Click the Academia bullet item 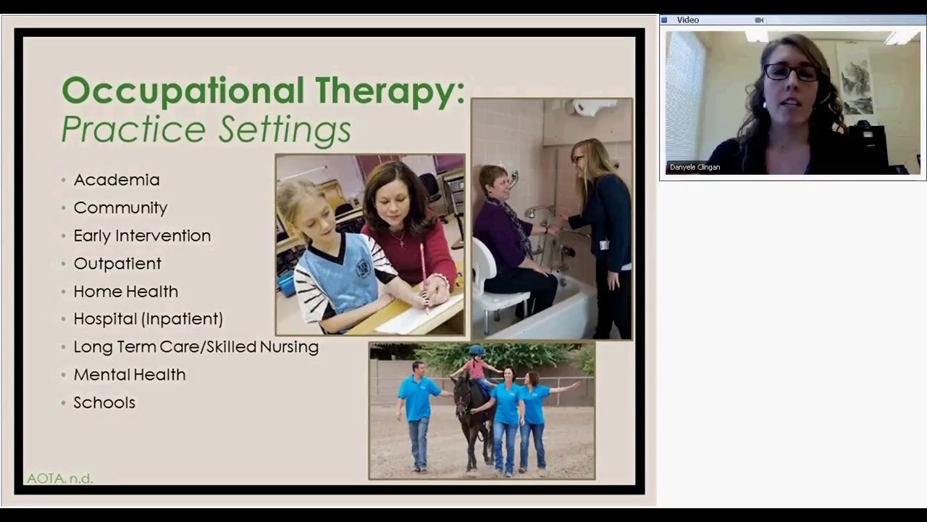[x=116, y=180]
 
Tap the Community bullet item [x=120, y=208]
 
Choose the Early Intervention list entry [x=142, y=236]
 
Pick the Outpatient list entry [x=117, y=264]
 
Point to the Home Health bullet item [x=125, y=291]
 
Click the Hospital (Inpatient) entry [x=148, y=319]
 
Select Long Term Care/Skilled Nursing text [x=196, y=347]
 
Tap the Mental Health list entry [x=129, y=375]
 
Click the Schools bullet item [x=104, y=403]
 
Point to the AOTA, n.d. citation [x=59, y=478]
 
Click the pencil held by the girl [x=424, y=275]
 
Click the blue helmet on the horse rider [x=476, y=351]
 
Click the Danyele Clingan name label [x=695, y=167]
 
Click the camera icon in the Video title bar [x=759, y=20]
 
